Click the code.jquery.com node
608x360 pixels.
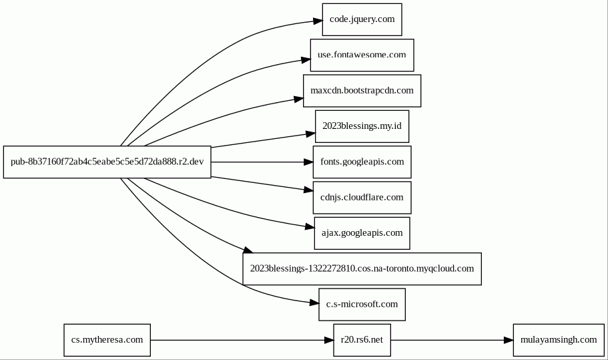coord(362,19)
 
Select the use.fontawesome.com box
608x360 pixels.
coord(362,55)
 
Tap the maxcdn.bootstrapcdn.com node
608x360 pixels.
coord(362,91)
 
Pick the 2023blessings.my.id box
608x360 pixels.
coord(362,126)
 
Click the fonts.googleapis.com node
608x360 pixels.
coord(362,162)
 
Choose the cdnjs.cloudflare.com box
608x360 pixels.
coord(362,198)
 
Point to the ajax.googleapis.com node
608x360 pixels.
coord(362,233)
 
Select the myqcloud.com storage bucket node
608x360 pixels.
coord(362,269)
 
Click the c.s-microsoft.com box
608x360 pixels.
coord(362,305)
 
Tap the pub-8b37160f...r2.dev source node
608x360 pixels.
coord(107,162)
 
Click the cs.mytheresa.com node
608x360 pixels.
coord(107,340)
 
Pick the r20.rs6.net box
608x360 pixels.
coord(362,340)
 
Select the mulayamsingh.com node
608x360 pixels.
coord(559,340)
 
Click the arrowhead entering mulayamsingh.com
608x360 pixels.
coord(509,340)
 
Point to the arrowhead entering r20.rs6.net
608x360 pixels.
coord(329,340)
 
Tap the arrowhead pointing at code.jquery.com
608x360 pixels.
coord(318,21)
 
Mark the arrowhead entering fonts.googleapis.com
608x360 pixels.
coord(308,162)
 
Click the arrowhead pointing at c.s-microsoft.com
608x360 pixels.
coord(314,303)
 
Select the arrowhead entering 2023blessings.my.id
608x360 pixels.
coord(310,134)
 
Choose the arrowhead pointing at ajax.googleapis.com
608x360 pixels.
coord(310,226)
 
